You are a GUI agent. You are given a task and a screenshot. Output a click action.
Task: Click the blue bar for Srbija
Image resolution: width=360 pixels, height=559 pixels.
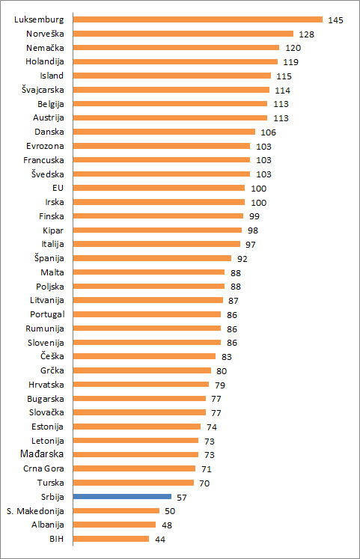122,497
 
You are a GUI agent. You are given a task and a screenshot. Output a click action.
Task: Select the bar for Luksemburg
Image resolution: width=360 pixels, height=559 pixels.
198,19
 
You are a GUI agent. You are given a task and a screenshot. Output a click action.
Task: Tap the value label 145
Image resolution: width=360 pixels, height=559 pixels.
335,20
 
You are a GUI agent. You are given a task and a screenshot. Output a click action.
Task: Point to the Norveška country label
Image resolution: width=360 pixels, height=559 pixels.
45,34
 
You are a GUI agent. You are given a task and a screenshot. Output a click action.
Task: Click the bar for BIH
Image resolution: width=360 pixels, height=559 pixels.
111,539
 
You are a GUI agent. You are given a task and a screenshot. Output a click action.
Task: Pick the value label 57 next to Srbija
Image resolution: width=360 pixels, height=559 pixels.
182,498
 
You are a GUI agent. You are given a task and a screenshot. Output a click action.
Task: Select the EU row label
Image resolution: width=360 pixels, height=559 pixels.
58,188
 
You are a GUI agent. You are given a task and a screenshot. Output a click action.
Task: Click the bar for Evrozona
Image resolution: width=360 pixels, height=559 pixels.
162,146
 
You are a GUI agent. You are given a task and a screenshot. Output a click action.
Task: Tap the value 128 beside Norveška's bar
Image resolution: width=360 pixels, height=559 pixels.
307,34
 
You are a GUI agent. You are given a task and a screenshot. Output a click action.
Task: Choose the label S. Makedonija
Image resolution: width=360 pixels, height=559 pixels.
35,511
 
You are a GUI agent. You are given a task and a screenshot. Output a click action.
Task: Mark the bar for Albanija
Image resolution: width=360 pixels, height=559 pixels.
115,525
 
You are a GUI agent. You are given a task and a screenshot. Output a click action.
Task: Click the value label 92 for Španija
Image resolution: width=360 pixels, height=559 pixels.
242,259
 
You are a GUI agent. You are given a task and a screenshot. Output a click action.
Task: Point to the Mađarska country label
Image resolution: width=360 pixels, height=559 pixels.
42,453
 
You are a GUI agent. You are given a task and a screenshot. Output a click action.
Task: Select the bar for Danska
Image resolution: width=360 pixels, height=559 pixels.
164,132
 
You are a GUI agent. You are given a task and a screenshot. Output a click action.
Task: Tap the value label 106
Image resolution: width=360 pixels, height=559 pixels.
269,132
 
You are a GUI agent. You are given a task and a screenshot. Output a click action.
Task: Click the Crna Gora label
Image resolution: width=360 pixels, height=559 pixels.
43,468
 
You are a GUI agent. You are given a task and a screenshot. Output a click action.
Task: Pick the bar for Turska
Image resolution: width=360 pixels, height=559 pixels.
133,483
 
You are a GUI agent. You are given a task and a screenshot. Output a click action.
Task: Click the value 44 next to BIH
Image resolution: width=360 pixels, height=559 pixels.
160,540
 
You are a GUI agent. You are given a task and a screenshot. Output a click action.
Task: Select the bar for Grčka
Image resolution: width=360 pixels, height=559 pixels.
142,370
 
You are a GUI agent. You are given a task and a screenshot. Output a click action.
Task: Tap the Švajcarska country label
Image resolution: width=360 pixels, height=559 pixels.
43,90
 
